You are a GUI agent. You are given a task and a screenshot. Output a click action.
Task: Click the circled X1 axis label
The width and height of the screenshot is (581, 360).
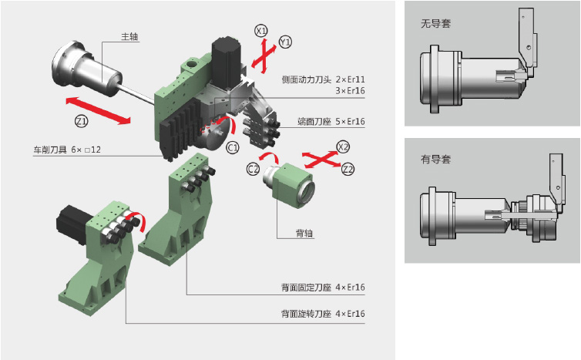[x=261, y=31]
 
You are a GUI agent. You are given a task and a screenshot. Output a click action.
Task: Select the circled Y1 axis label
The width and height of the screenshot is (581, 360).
[x=285, y=42]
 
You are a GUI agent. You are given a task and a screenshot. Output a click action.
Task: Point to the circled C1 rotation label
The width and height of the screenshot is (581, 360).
[x=232, y=146]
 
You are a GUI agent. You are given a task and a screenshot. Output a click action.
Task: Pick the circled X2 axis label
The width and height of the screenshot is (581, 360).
[x=344, y=146]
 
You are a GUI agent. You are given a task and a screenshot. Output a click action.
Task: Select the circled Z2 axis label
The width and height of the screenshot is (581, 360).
[x=348, y=168]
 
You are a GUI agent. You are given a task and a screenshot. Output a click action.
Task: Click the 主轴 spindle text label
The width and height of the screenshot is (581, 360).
[x=129, y=37]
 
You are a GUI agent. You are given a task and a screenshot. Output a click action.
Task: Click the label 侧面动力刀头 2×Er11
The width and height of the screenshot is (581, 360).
[x=323, y=79]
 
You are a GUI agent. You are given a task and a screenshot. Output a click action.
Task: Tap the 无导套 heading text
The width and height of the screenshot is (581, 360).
[x=435, y=23]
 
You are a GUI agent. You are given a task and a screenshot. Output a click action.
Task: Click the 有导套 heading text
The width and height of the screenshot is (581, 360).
[x=435, y=159]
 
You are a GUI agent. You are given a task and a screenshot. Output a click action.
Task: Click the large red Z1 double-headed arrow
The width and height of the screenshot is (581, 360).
[x=97, y=109]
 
